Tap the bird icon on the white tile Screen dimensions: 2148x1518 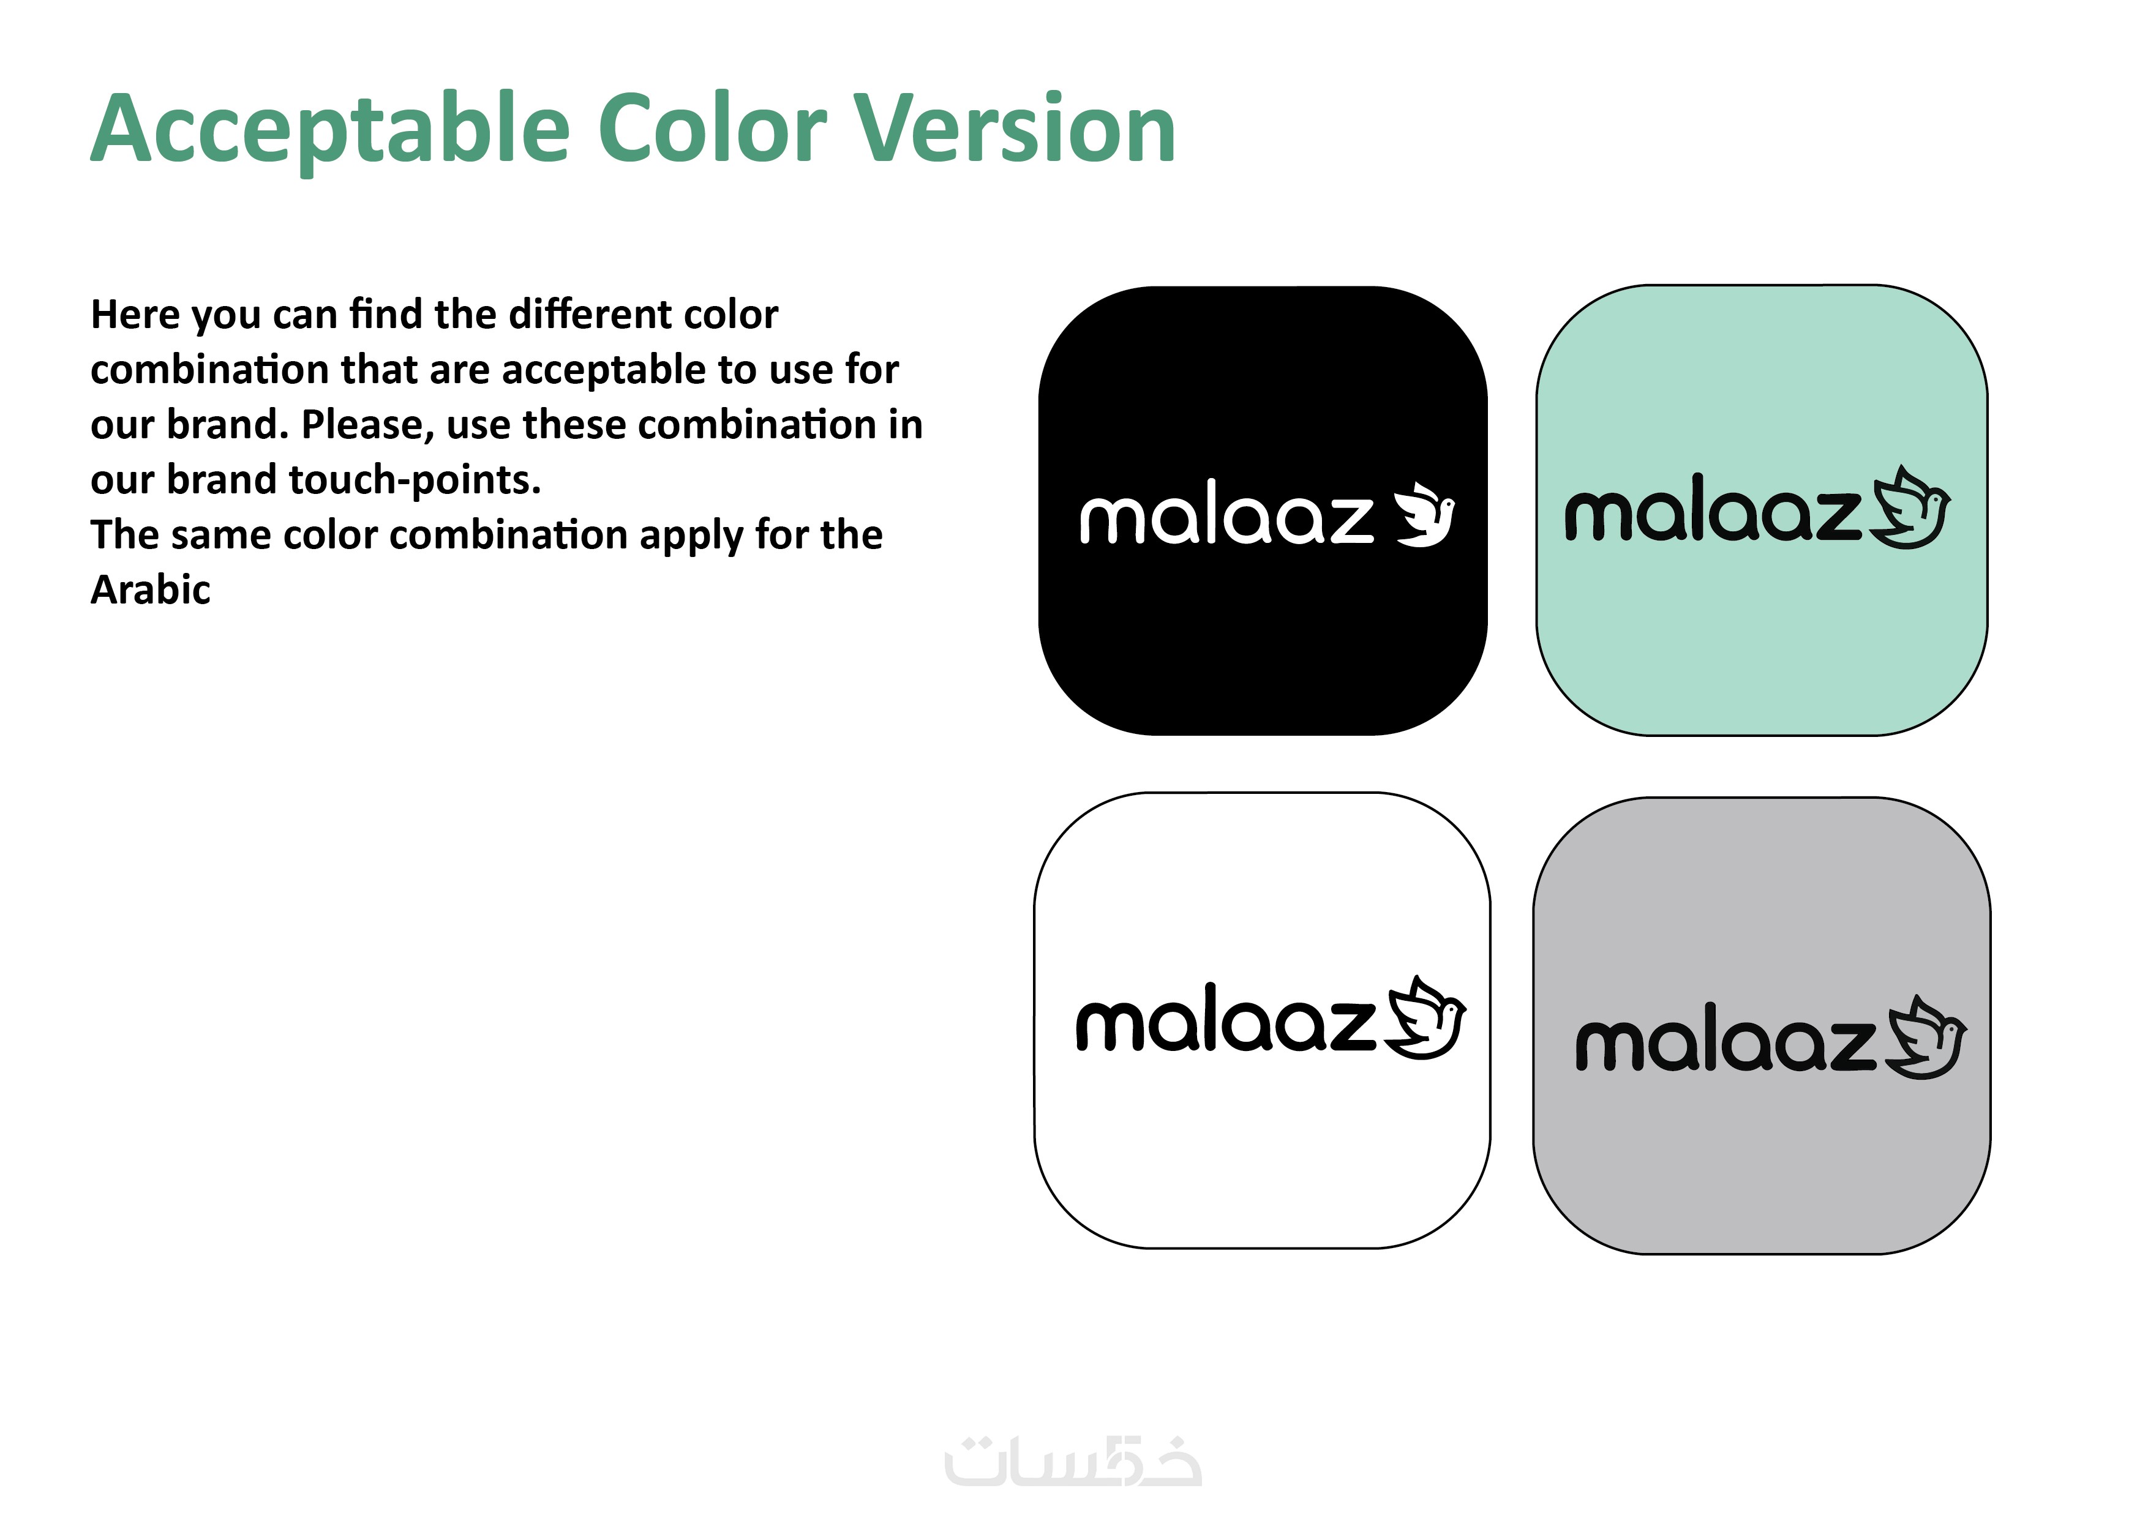coord(1425,1018)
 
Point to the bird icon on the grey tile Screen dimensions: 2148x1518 coord(1926,1038)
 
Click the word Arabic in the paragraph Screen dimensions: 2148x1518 coord(151,590)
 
